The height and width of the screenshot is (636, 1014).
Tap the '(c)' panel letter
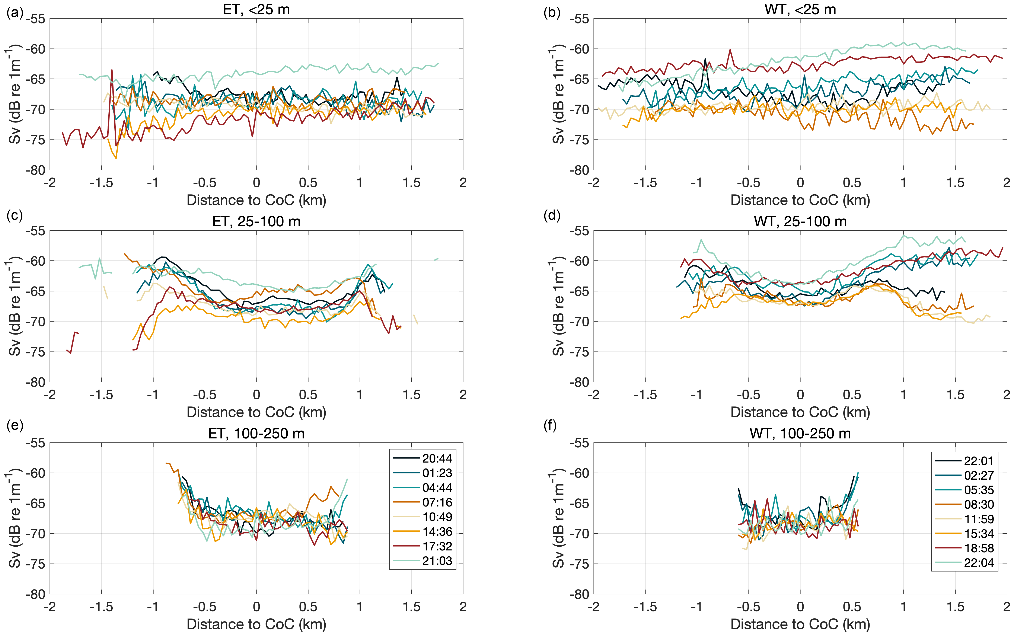15,215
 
